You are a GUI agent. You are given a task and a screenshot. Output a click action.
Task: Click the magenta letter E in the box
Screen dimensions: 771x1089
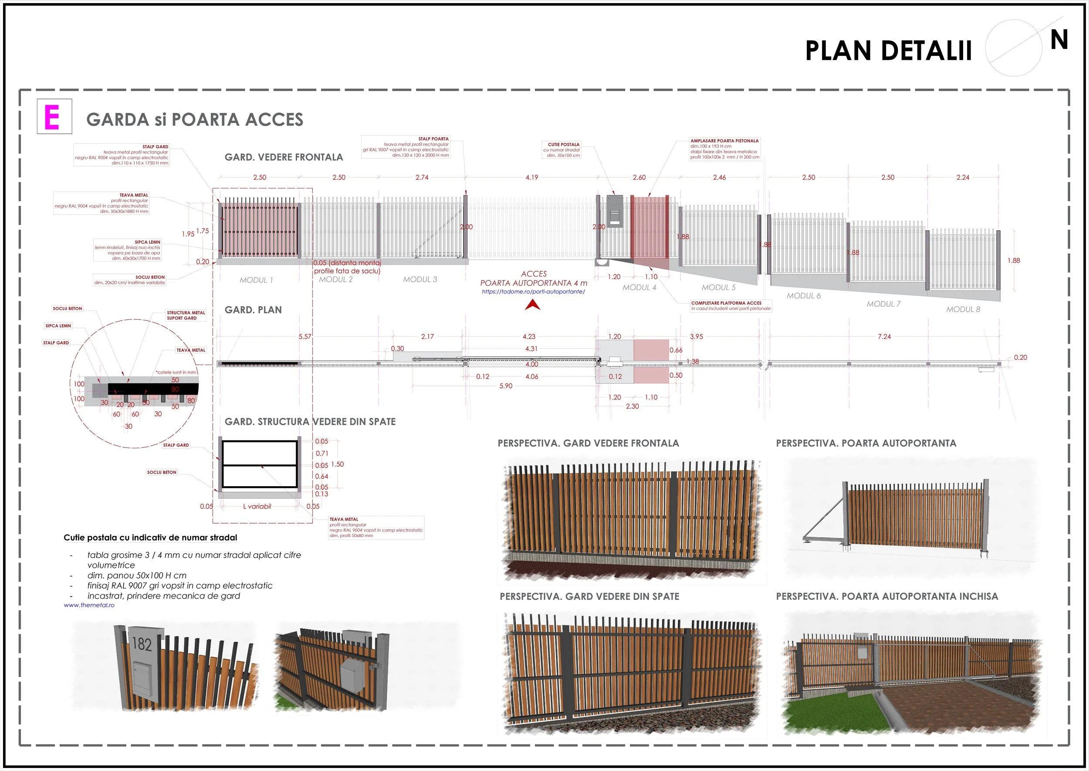(52, 117)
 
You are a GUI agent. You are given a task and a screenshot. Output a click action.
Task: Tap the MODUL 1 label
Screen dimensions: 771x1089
(256, 280)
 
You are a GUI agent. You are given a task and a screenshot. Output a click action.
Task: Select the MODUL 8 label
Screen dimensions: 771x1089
(963, 309)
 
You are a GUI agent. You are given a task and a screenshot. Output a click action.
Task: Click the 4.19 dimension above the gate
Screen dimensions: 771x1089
(532, 177)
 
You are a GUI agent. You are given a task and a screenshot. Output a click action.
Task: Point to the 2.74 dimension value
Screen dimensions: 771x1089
(422, 177)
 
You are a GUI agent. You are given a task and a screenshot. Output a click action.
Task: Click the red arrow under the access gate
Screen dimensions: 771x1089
(533, 305)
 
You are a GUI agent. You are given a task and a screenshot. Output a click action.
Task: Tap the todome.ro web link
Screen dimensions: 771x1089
(533, 291)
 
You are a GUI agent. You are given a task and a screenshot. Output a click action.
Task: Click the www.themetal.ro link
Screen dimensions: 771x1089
(89, 605)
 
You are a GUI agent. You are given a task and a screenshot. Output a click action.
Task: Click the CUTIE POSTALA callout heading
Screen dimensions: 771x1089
(564, 144)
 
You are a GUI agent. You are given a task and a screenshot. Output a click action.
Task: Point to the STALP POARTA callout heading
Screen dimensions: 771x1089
(433, 139)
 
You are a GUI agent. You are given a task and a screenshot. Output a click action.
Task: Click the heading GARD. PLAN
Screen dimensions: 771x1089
(253, 310)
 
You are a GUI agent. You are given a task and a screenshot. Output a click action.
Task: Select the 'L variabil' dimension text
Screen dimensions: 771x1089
(257, 507)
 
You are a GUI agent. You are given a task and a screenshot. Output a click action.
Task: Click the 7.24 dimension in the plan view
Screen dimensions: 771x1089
(884, 337)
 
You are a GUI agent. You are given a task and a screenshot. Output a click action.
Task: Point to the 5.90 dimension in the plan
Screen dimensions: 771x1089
(506, 386)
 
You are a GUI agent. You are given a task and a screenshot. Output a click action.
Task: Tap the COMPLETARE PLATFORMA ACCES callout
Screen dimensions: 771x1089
(726, 303)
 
